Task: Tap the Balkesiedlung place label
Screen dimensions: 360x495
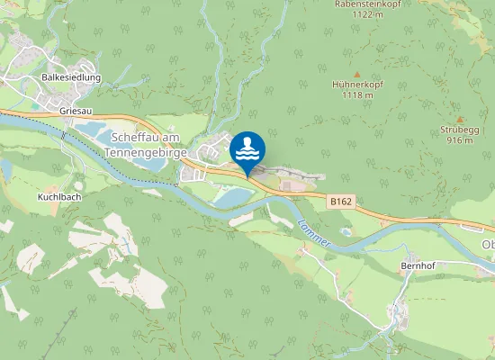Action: coord(71,78)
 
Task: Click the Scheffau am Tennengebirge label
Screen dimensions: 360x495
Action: coord(149,144)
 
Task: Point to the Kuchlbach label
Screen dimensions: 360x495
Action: coord(59,195)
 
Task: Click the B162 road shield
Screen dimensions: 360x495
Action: coord(340,203)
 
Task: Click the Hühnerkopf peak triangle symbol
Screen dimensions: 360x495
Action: coord(356,74)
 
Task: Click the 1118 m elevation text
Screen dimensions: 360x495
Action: coord(357,95)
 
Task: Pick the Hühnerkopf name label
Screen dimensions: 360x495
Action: coord(357,85)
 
